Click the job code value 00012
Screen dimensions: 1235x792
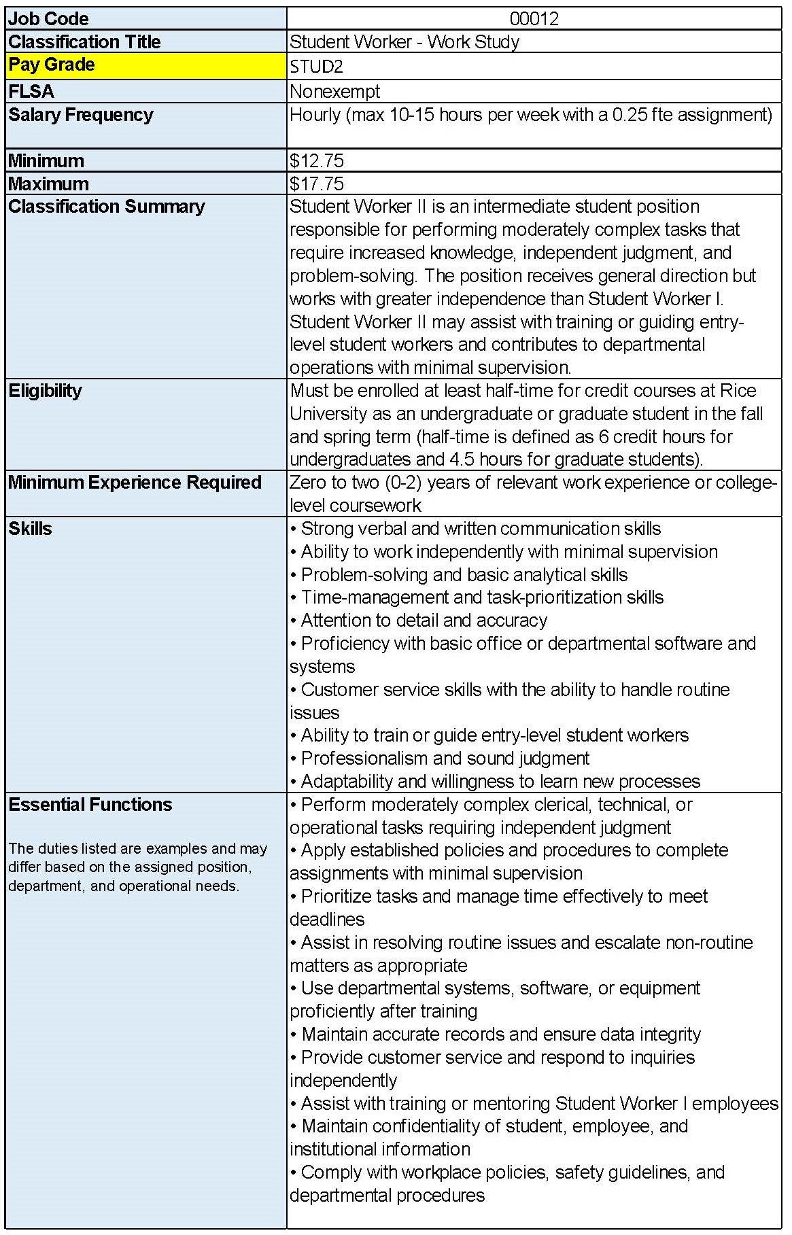(x=534, y=18)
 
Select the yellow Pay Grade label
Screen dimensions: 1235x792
(x=52, y=65)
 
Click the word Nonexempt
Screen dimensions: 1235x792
(x=334, y=91)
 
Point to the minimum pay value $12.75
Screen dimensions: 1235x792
(x=317, y=161)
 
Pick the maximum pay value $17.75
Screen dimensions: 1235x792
(x=317, y=184)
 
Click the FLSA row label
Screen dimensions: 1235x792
(x=31, y=91)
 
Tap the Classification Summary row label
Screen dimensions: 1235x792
(x=107, y=207)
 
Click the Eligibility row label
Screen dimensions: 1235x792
(x=46, y=391)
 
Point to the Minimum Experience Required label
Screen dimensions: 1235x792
(x=135, y=483)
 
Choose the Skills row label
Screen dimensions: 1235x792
(x=31, y=529)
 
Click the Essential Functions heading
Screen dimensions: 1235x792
(x=90, y=805)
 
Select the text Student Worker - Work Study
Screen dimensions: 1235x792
(x=404, y=42)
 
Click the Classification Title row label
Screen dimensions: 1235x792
(x=85, y=42)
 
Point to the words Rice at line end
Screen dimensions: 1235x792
(x=738, y=391)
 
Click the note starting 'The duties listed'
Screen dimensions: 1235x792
(x=138, y=867)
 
